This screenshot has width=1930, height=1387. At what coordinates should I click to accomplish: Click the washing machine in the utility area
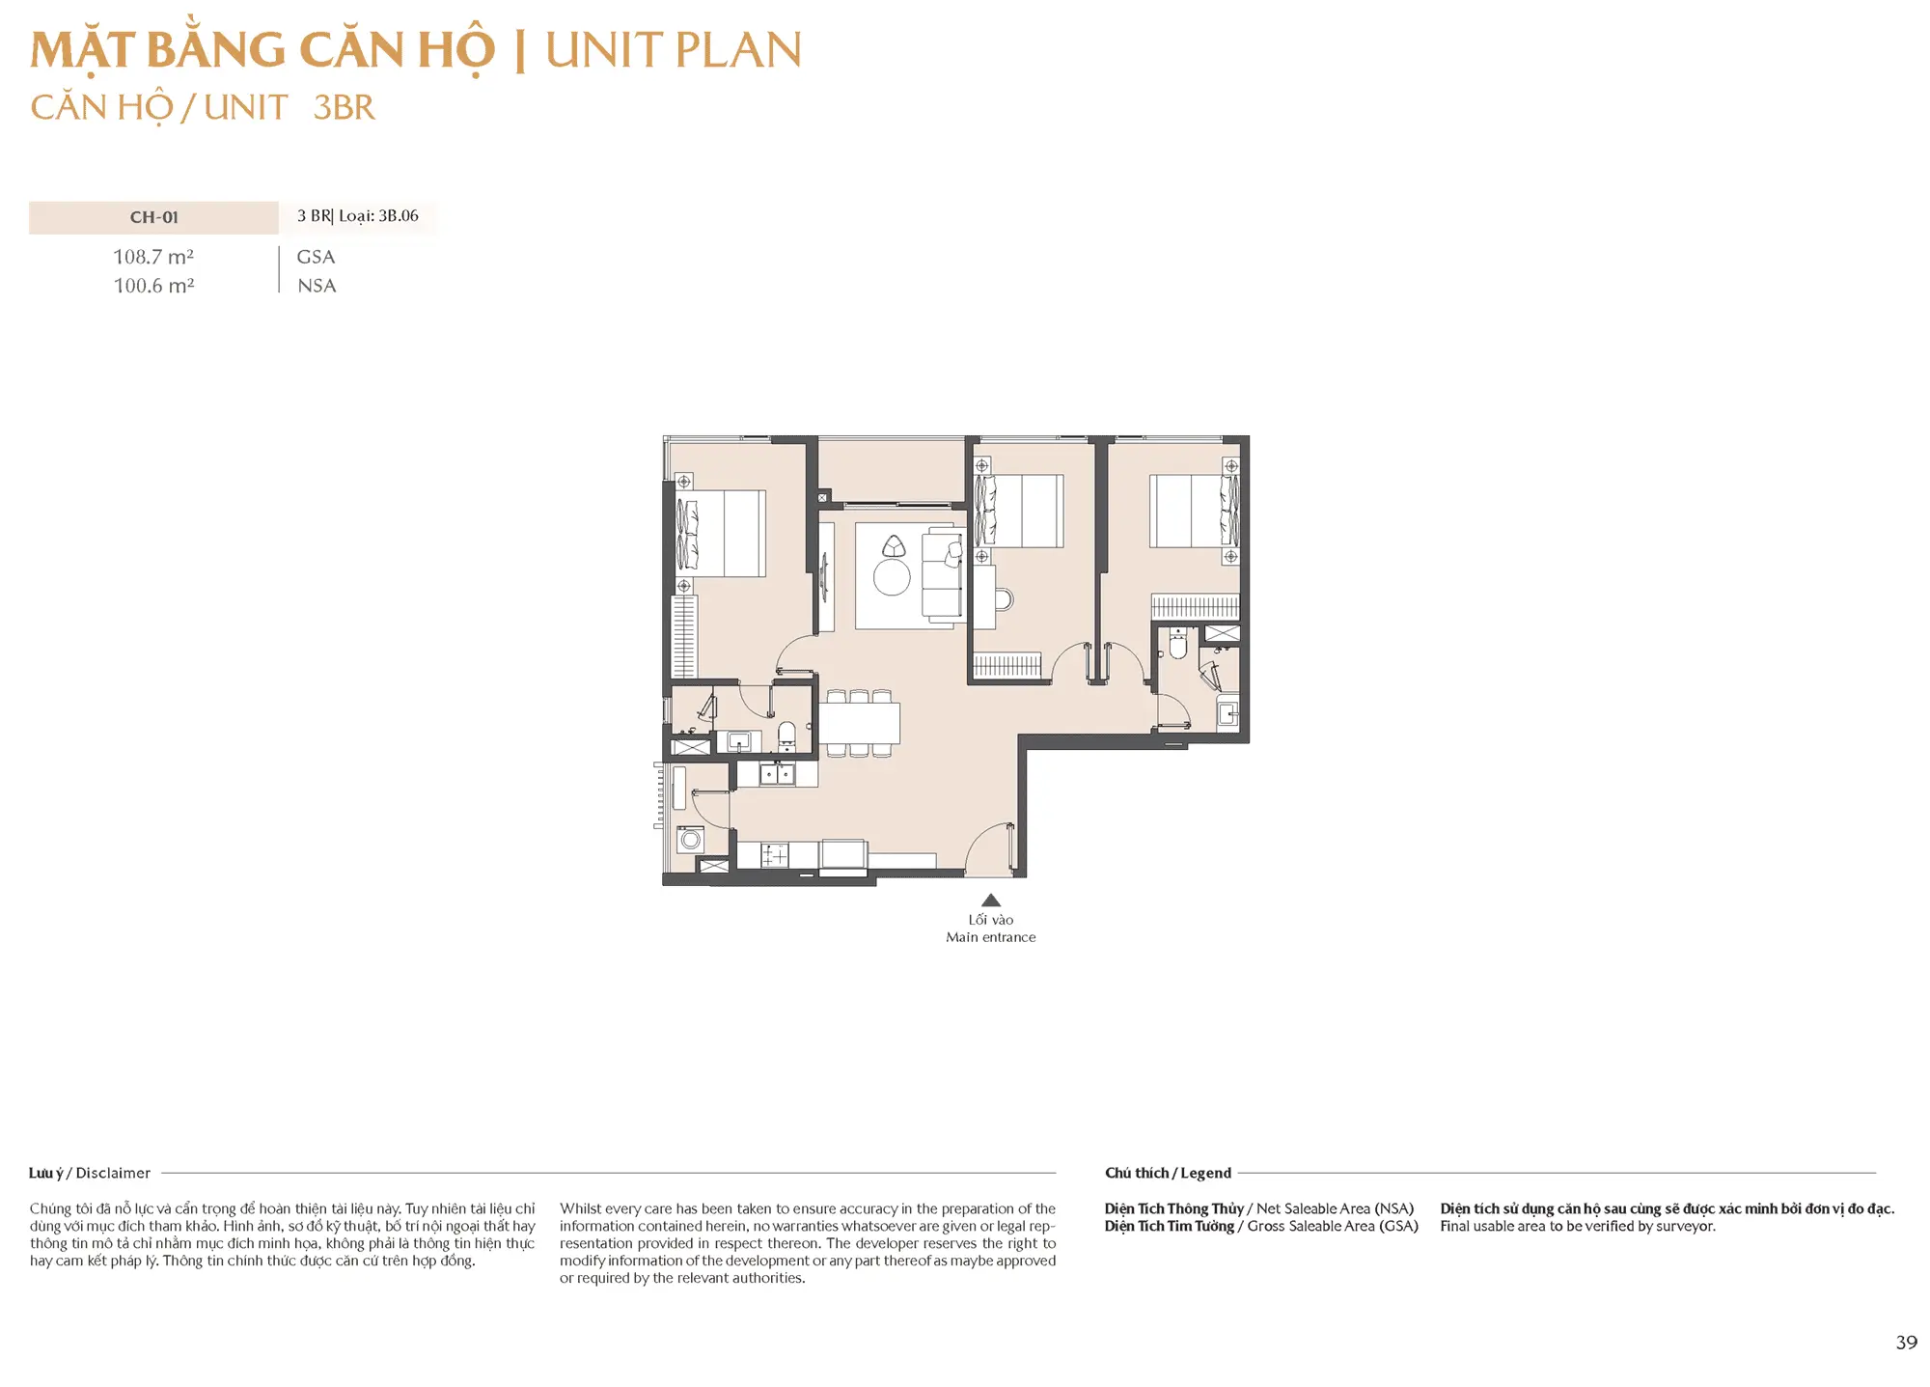click(690, 839)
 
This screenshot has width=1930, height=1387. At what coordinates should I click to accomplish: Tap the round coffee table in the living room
click(892, 577)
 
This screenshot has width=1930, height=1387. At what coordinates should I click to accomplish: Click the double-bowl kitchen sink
click(777, 773)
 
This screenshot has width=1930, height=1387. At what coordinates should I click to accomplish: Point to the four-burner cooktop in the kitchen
click(775, 855)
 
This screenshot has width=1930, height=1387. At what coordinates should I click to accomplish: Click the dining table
click(859, 723)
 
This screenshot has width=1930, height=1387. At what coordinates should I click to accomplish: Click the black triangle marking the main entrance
click(990, 900)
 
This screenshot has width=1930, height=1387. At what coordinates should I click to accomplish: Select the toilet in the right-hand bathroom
click(1177, 644)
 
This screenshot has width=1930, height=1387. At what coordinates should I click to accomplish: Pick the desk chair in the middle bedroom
click(1004, 599)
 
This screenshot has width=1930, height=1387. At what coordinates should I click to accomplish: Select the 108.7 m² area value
click(153, 257)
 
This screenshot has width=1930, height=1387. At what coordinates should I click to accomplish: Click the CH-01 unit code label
click(154, 217)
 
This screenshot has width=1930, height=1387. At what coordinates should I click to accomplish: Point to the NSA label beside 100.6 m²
click(317, 286)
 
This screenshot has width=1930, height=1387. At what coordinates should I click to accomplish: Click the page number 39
click(1906, 1343)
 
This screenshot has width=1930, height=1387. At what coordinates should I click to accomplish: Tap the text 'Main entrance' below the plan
click(991, 937)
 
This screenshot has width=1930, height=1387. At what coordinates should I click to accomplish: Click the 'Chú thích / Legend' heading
click(1168, 1173)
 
